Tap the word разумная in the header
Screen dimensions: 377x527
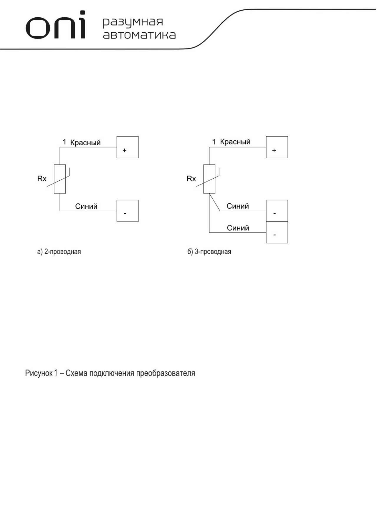(133, 22)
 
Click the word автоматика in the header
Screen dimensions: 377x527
(139, 35)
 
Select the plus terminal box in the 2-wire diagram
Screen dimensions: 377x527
(128, 147)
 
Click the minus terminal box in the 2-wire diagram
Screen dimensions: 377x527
(128, 211)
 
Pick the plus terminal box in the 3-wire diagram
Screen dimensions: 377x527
(277, 147)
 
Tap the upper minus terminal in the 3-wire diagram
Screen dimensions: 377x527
(277, 211)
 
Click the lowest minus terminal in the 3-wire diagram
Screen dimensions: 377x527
(277, 232)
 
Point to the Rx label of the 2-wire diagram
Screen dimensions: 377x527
(42, 179)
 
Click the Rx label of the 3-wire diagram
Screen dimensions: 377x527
(191, 179)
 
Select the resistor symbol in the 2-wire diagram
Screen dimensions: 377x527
(60, 179)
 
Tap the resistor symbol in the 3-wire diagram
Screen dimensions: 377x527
(209, 179)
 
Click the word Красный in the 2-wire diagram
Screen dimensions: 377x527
(85, 143)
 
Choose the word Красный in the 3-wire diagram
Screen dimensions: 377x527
(235, 142)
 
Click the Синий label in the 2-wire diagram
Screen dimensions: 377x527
(86, 206)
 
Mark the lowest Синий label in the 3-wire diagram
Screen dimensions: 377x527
(238, 228)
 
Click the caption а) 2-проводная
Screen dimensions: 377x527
(59, 252)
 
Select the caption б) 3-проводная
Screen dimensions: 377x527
(209, 252)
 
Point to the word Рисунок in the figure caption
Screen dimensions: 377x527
(39, 373)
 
